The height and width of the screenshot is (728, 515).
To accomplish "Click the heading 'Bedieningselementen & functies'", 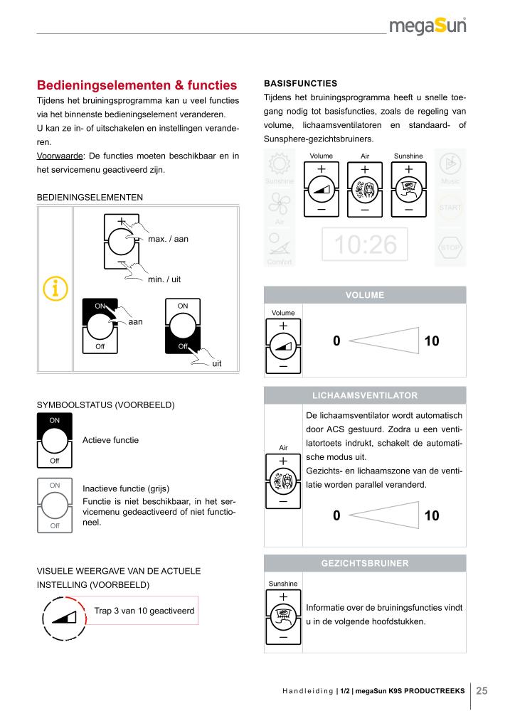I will [x=137, y=85].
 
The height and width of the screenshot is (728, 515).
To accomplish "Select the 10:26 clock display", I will [x=365, y=245].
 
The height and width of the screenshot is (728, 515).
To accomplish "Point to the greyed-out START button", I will [x=450, y=207].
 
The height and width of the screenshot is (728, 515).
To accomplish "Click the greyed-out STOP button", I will [x=450, y=247].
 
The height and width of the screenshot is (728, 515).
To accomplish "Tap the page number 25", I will [x=482, y=690].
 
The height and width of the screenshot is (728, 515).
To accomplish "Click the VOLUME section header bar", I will [x=365, y=295].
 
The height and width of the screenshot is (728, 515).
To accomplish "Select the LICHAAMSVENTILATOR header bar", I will [x=365, y=395].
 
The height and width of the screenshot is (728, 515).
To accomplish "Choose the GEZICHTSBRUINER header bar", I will [x=365, y=563].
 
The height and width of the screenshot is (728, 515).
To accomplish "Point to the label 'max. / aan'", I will [x=168, y=239].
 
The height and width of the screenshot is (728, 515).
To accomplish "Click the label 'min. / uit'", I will [x=164, y=279].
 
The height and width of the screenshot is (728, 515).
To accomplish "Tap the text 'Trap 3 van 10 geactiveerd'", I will [x=144, y=610].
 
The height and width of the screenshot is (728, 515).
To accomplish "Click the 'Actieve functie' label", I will [x=111, y=440].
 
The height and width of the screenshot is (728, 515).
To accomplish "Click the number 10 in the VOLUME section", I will [x=432, y=341].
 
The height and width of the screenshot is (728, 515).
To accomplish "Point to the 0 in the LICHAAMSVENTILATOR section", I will [x=336, y=515].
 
